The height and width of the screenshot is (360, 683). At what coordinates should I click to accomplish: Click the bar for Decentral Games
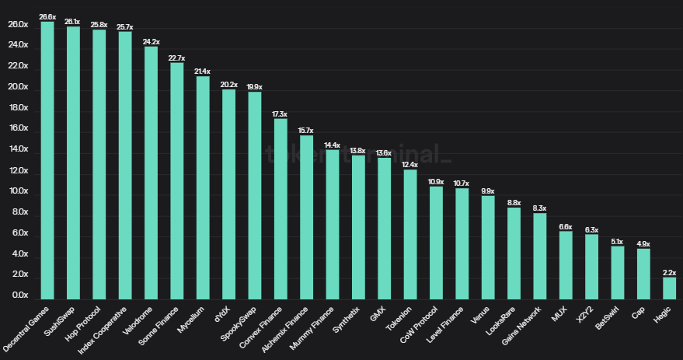click(x=47, y=160)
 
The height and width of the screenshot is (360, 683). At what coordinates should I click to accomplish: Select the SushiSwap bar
click(x=73, y=163)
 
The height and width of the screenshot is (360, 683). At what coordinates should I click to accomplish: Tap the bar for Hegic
click(x=669, y=288)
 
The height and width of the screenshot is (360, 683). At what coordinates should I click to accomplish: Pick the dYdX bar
click(x=228, y=194)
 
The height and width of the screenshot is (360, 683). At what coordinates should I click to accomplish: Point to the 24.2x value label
click(x=151, y=41)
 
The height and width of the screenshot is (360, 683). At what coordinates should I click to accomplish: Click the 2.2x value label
click(x=669, y=272)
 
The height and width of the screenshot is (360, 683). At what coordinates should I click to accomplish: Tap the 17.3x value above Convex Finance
click(x=281, y=114)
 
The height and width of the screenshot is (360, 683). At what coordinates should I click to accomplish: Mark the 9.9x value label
click(x=488, y=190)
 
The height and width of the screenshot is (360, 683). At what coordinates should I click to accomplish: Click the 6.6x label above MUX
click(x=566, y=226)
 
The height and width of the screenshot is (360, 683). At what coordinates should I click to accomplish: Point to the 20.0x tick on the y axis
click(x=18, y=87)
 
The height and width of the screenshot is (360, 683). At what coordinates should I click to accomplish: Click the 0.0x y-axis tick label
click(x=18, y=296)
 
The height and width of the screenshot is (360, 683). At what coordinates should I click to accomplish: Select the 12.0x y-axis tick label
click(x=18, y=171)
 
